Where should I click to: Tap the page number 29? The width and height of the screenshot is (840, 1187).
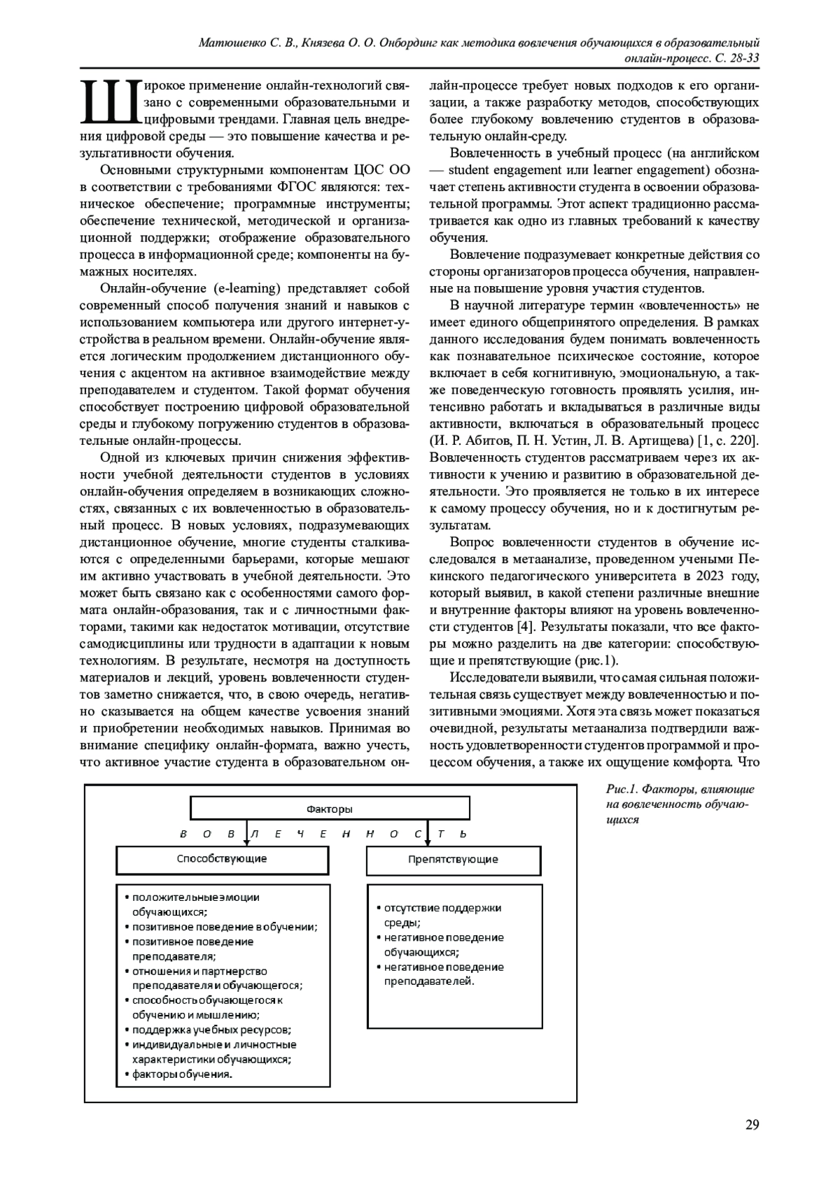point(752,1125)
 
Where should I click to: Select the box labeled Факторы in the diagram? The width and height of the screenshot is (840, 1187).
point(330,809)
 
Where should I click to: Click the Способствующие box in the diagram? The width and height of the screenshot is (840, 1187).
point(222,859)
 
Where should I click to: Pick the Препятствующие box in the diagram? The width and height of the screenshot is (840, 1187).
point(453,860)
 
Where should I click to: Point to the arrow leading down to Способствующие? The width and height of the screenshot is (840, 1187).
point(246,834)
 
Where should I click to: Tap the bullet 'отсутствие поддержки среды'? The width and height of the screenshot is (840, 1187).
point(442,909)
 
